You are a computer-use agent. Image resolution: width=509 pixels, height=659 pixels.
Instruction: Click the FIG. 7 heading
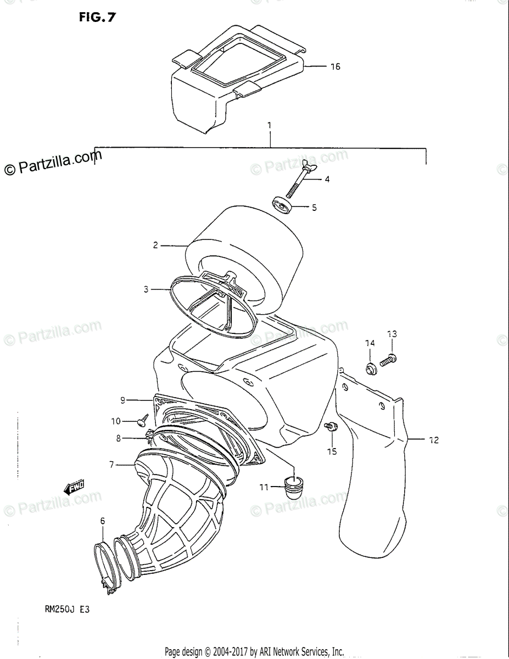coord(97,17)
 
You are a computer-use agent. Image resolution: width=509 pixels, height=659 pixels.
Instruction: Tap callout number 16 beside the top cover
coord(335,66)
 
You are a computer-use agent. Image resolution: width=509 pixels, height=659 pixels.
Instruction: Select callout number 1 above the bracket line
coord(270,126)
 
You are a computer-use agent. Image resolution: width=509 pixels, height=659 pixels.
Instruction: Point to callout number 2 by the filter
coord(155,245)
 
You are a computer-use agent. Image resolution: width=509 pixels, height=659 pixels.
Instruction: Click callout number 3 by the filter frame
coord(146,289)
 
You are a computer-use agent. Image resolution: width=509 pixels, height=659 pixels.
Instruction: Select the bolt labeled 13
coord(388,360)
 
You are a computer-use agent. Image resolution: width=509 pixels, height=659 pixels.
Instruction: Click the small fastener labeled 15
coord(331,427)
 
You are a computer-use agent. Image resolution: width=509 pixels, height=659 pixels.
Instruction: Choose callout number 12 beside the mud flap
coord(434,440)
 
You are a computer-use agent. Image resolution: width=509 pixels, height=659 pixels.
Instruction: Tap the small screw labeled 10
coord(144,420)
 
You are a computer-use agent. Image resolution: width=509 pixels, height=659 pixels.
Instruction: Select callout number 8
coord(118,438)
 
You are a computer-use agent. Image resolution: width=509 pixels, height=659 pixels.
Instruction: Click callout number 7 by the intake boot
coord(111,465)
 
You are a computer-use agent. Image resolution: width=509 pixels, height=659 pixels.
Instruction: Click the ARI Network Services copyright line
coord(254,652)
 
